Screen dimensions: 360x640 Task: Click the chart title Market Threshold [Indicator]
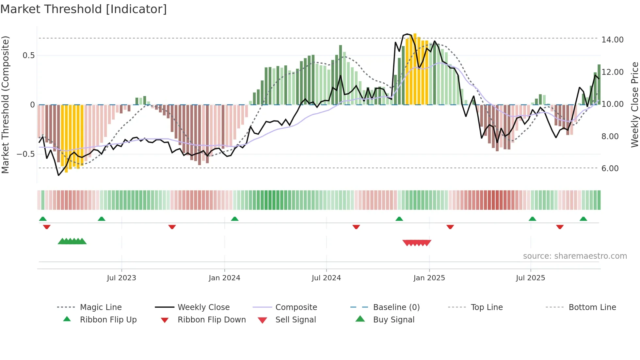84,9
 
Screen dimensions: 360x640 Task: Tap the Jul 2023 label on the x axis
121,278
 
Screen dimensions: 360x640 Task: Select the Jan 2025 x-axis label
429,278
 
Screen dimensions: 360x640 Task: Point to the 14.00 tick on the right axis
612,40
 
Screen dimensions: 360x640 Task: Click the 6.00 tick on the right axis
610,168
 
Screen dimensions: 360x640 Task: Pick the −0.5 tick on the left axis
26,154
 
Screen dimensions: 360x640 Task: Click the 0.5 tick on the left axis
28,55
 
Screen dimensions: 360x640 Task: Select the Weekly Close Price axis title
634,105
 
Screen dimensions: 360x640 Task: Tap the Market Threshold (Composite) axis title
5,105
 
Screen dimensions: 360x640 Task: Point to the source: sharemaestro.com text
575,256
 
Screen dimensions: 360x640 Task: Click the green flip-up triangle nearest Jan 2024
235,219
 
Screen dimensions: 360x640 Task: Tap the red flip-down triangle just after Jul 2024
356,227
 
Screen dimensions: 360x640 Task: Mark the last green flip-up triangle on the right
584,219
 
